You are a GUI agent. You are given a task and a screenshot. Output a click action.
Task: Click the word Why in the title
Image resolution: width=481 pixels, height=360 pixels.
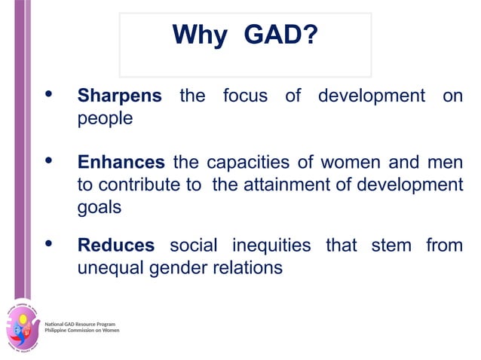tap(199, 35)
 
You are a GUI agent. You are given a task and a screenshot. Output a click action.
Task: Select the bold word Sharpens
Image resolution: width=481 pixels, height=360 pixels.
tap(119, 96)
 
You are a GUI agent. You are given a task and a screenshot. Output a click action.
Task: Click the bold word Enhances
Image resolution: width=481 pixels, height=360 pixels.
tap(121, 163)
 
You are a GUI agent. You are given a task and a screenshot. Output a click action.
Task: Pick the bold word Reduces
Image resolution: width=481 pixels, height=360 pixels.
tap(116, 246)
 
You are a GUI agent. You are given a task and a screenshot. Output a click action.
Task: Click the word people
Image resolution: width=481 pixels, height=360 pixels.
tap(105, 119)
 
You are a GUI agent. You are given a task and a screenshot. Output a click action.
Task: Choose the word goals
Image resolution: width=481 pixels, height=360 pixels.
tap(100, 208)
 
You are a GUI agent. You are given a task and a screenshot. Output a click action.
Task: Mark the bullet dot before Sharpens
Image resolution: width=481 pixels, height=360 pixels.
tap(50, 95)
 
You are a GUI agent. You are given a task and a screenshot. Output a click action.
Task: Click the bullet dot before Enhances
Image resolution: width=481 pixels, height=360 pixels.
tap(50, 161)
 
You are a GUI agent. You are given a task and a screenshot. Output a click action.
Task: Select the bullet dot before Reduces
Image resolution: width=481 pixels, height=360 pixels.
tap(50, 244)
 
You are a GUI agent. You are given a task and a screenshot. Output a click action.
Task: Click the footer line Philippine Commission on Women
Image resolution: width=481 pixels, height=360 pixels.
tap(82, 331)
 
